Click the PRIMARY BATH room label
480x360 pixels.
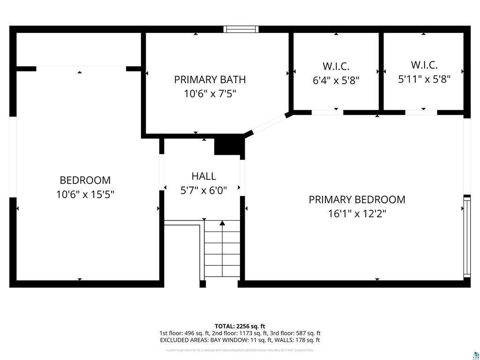tap(210, 80)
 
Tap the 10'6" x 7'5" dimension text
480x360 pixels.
tap(210, 94)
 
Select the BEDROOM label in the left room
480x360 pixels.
tap(85, 180)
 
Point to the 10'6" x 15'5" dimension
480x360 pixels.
tap(85, 194)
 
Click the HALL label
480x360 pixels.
tap(203, 176)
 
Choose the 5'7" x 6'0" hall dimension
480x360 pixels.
tap(203, 190)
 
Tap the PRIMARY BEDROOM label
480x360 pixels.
tap(357, 200)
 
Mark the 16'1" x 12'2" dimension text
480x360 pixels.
tap(357, 214)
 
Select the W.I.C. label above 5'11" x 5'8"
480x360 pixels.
tap(424, 65)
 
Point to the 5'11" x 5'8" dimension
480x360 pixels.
tap(424, 79)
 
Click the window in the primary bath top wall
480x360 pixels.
tap(241, 29)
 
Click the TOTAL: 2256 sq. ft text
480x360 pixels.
tap(240, 326)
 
